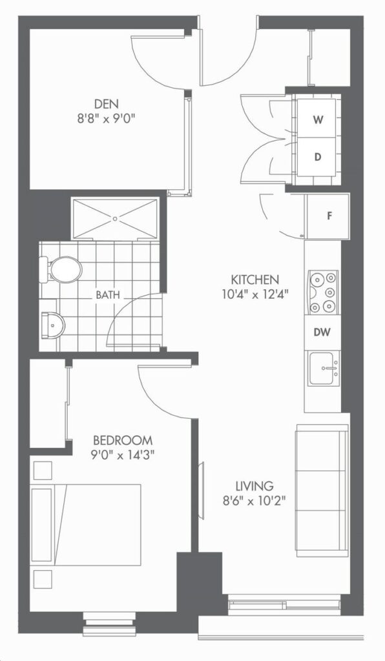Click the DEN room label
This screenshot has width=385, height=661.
coord(107,103)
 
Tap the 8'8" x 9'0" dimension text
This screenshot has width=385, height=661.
coord(107,118)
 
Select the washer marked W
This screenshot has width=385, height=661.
coord(318,119)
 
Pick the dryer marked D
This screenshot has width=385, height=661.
coord(318,157)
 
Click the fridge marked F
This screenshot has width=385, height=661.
coord(328,216)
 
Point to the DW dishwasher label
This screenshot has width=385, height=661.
coord(322,332)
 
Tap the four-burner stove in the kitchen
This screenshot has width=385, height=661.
coord(324,292)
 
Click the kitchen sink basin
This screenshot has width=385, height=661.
coord(324,369)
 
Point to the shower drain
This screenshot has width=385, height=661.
coord(115,218)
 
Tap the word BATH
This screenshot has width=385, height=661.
coord(107,294)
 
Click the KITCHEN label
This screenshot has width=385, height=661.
coord(255,279)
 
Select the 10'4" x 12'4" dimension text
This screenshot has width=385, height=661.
coord(255,294)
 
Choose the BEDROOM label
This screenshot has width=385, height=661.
coord(123,440)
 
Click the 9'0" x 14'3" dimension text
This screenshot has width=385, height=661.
coord(123,456)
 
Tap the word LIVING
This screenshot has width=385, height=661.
coord(255,486)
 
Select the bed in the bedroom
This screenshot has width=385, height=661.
coord(86,525)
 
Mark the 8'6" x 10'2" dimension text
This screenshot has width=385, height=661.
coord(255,502)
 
